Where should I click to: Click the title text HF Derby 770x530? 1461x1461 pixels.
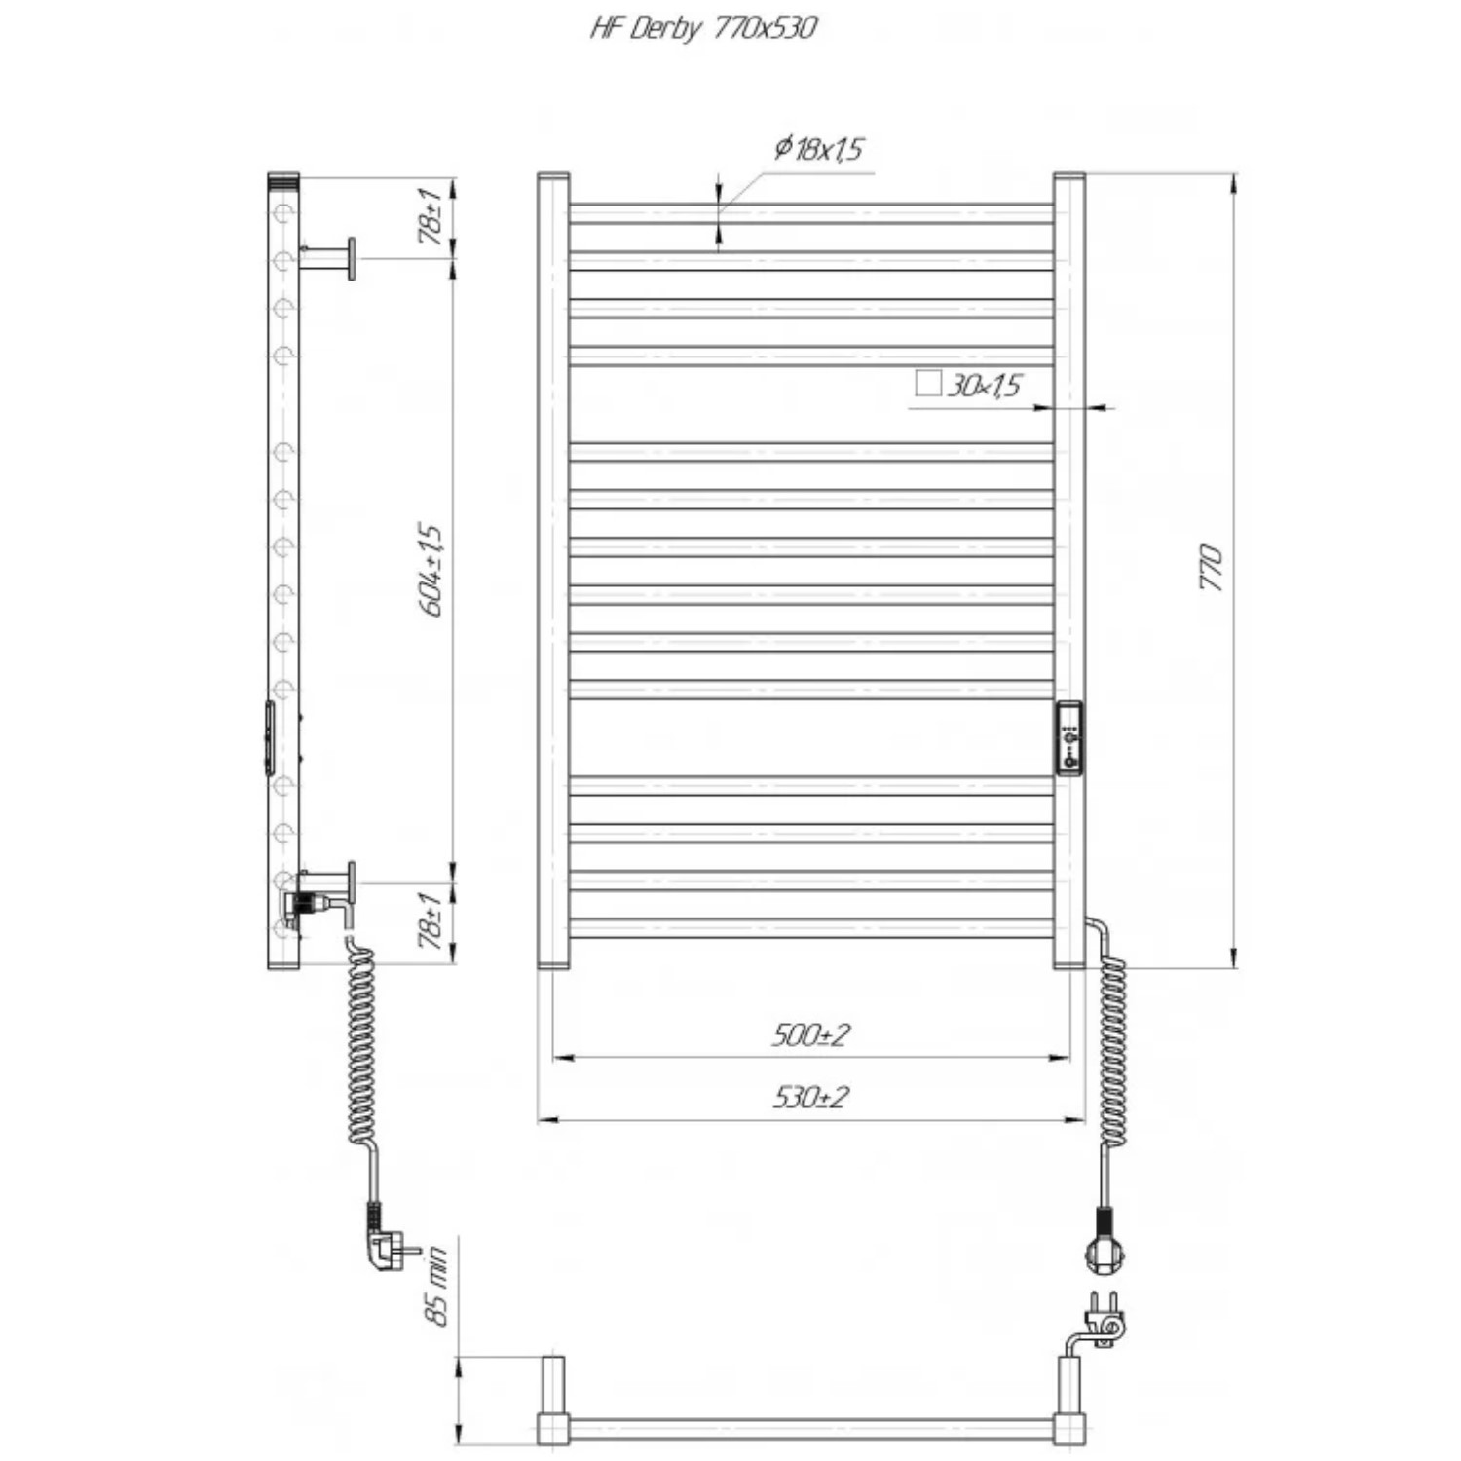pos(703,27)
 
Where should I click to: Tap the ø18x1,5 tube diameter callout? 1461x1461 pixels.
pos(820,149)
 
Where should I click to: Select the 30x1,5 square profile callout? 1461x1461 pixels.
pos(985,386)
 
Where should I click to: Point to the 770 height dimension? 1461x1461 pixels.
pos(1210,567)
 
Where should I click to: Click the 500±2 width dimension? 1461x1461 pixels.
pos(811,1034)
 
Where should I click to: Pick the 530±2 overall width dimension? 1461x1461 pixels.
pos(811,1098)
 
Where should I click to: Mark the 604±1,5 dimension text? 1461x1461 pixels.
pos(431,570)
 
